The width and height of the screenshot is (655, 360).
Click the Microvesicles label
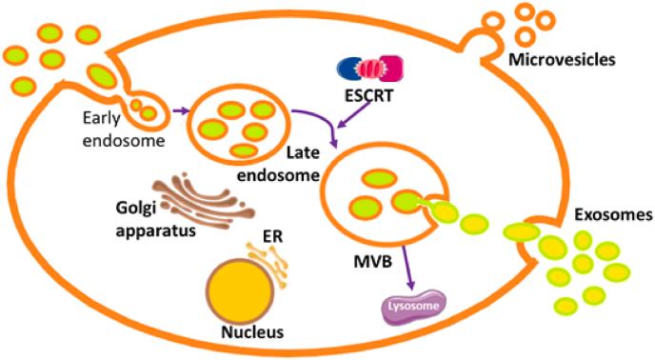563,59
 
